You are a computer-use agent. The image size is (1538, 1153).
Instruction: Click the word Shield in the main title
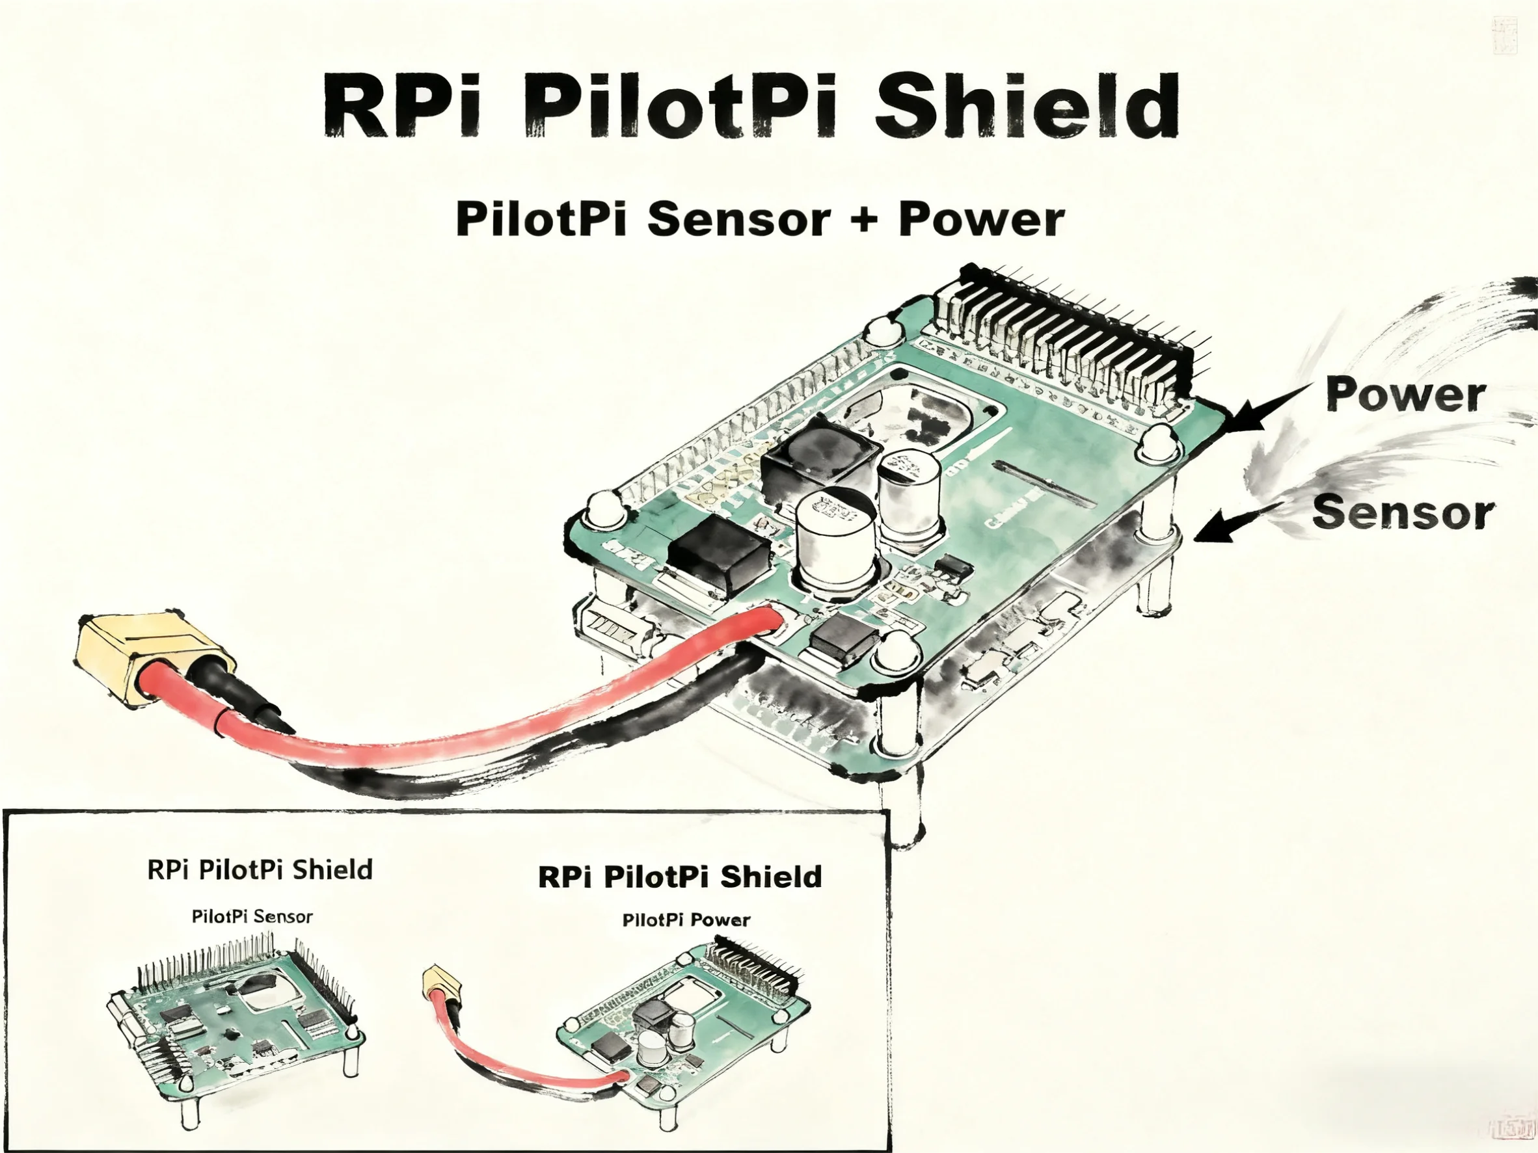[1025, 105]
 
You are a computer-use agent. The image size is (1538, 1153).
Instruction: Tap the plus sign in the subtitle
[863, 219]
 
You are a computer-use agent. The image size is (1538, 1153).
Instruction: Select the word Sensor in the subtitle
[738, 219]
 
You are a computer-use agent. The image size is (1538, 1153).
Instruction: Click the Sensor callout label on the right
[1403, 513]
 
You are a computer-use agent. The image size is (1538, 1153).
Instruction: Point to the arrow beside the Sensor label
[1231, 524]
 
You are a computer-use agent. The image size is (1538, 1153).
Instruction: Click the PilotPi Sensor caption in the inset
[252, 916]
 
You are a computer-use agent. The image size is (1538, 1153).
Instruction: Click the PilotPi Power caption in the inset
[686, 920]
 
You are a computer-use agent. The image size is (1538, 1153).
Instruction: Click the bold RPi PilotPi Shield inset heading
[679, 877]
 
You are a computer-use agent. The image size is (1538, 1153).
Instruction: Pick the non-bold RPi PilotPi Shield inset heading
[260, 869]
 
